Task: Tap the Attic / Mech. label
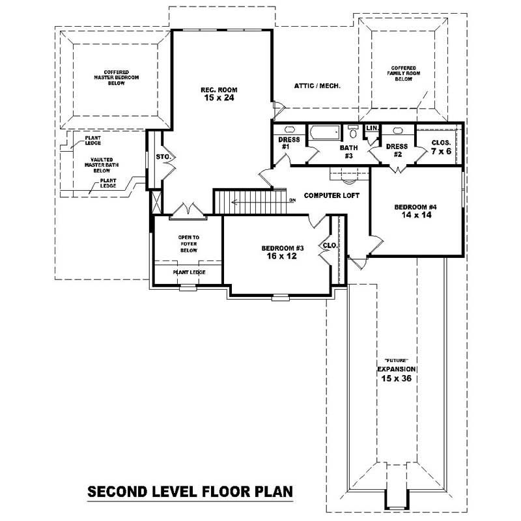(x=318, y=86)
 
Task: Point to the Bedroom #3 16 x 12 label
(x=283, y=253)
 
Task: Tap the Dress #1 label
(x=288, y=143)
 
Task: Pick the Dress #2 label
(x=397, y=150)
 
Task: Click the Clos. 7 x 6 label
(x=442, y=147)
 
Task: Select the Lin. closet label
(x=373, y=128)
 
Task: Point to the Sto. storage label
(x=162, y=156)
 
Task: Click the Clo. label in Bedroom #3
(x=330, y=246)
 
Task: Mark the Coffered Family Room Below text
(x=403, y=73)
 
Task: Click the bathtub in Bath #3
(x=324, y=133)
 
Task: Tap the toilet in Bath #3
(x=352, y=133)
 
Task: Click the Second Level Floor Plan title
(x=190, y=491)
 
